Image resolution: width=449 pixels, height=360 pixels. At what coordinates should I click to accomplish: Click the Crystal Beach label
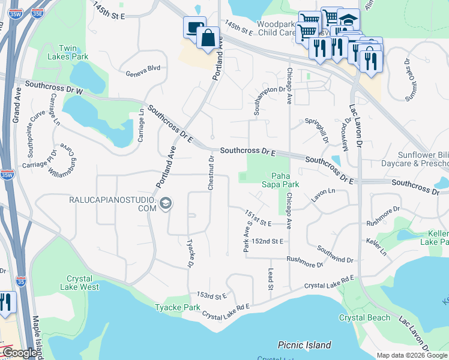tap(364, 317)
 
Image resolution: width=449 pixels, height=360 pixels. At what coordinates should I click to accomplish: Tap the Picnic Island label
tap(304, 345)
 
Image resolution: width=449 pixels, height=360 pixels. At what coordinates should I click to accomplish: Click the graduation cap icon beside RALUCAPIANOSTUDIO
tap(165, 205)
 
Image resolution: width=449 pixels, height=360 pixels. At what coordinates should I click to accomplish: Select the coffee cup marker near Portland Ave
tap(194, 26)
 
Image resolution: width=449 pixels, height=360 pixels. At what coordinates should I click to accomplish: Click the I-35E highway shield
tap(37, 12)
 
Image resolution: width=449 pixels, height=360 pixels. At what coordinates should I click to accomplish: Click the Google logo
tap(19, 353)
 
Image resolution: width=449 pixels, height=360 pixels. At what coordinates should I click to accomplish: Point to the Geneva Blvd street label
tap(143, 68)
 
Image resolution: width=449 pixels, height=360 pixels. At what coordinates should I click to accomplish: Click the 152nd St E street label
tap(267, 241)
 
